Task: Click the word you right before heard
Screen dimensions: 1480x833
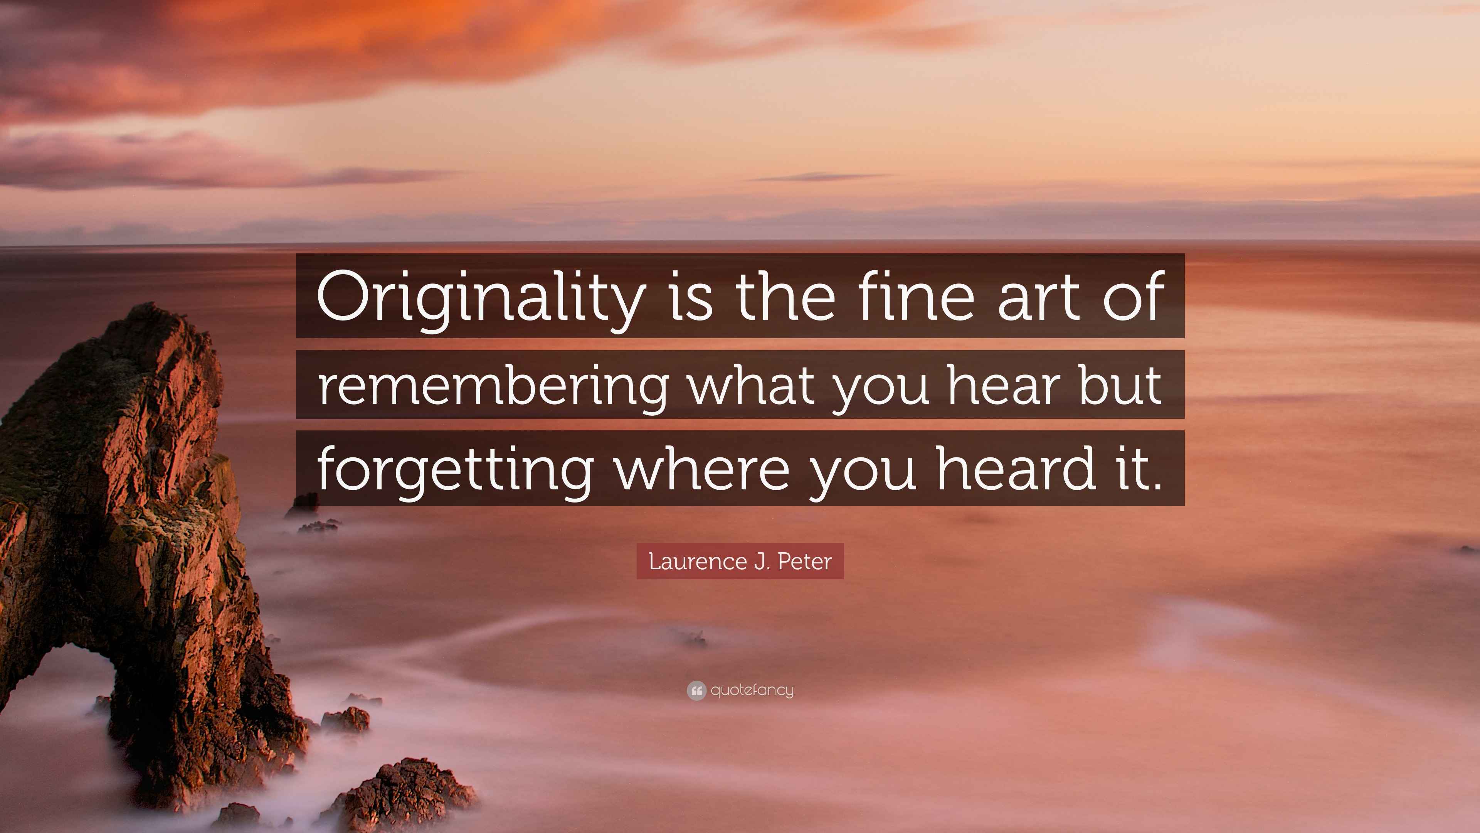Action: tap(863, 475)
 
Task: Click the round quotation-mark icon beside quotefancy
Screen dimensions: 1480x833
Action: tap(696, 690)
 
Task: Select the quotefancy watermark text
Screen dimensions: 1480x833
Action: tap(752, 690)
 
